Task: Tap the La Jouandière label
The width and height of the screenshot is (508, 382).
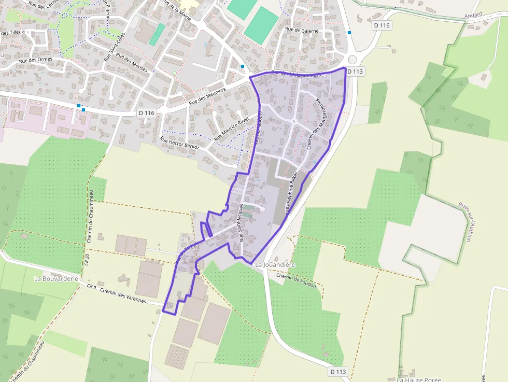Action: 275,265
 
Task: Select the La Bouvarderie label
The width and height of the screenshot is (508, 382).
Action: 56,278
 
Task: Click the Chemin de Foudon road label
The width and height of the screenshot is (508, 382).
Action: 297,280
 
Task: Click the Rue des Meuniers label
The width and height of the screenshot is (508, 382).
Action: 207,96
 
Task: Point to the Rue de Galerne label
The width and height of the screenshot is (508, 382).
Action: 301,30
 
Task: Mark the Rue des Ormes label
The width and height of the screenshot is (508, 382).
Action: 36,61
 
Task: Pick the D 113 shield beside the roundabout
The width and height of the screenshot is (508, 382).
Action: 355,72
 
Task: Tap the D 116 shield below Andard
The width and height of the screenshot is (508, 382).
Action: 382,25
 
